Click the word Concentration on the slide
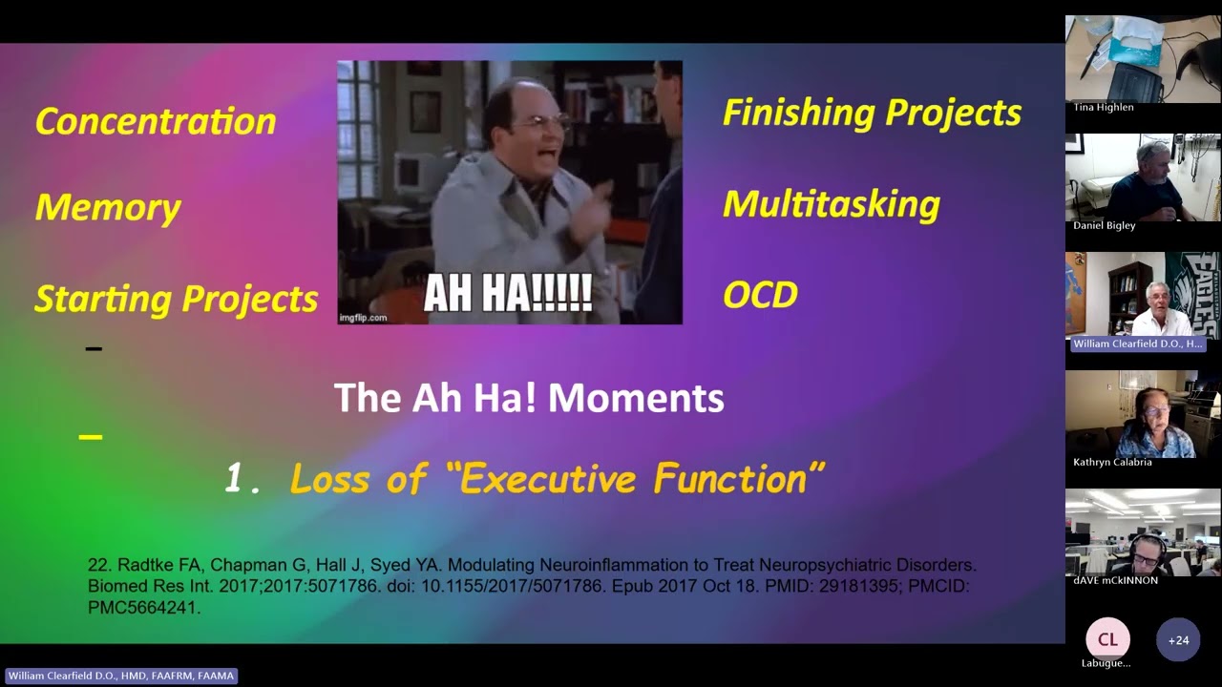[156, 121]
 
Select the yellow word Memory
[108, 208]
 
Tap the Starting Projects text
[176, 299]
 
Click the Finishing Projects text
[872, 113]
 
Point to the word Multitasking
[831, 204]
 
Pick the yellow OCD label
[760, 295]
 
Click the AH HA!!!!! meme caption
[508, 294]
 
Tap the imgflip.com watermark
[363, 318]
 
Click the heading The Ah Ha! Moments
[529, 398]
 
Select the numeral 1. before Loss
[242, 479]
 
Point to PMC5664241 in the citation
[144, 608]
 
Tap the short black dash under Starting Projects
[94, 349]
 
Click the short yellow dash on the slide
[91, 437]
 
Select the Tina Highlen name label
[1104, 107]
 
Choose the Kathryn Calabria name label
[1112, 462]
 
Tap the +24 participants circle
[1178, 640]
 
